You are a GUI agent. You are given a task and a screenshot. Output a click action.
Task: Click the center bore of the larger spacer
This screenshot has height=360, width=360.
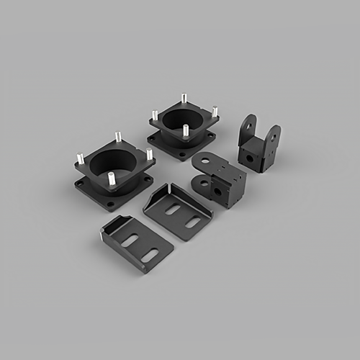coord(115,162)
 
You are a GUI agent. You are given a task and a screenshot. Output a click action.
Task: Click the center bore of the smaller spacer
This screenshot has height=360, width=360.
coord(183,119)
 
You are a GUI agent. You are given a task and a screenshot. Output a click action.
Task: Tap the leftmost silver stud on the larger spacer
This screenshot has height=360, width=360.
coord(80,158)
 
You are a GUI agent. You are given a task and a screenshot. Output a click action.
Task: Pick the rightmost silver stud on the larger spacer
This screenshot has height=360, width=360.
coord(149,154)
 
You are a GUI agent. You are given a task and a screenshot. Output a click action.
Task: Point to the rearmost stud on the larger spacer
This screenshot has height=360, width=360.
coord(118,136)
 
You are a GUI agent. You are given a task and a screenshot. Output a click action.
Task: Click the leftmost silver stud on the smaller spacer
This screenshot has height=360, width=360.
coord(154,115)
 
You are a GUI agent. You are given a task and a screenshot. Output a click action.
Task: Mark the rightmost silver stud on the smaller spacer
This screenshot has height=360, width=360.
coord(215,112)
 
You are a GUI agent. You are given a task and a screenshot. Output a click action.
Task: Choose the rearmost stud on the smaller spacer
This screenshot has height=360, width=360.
coord(184,98)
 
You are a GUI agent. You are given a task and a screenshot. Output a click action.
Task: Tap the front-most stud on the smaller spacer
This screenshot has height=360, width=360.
coord(186,131)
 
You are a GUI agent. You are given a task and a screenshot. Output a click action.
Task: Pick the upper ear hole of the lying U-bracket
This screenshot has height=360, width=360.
coord(204,161)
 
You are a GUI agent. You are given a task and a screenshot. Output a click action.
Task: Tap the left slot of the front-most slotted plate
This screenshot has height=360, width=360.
coord(130,240)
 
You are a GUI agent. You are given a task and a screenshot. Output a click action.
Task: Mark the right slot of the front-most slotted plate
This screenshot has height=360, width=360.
coord(149,254)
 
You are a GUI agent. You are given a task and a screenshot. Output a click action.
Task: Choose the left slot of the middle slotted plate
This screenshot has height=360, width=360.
coord(173,210)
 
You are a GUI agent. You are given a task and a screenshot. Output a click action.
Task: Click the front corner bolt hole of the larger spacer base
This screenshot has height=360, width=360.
coord(110,204)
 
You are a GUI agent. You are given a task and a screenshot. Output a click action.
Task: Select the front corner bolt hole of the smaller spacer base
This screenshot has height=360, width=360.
coord(181,153)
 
